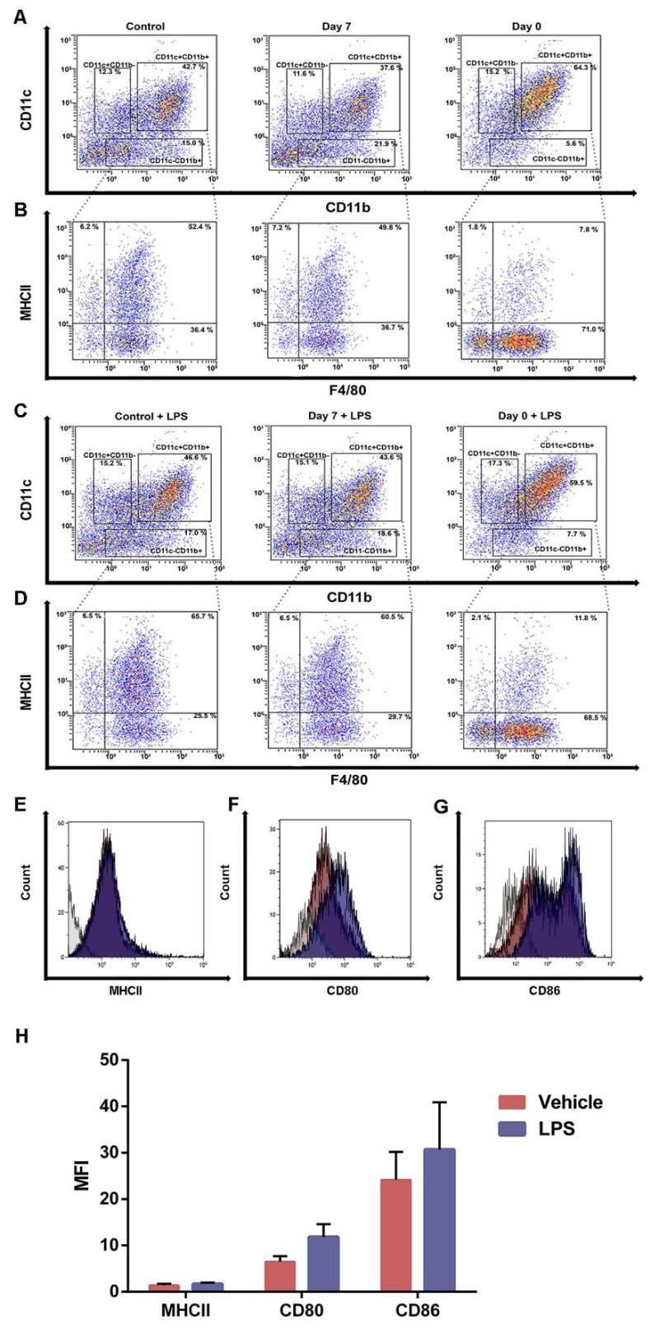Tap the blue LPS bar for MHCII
(207, 1287)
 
